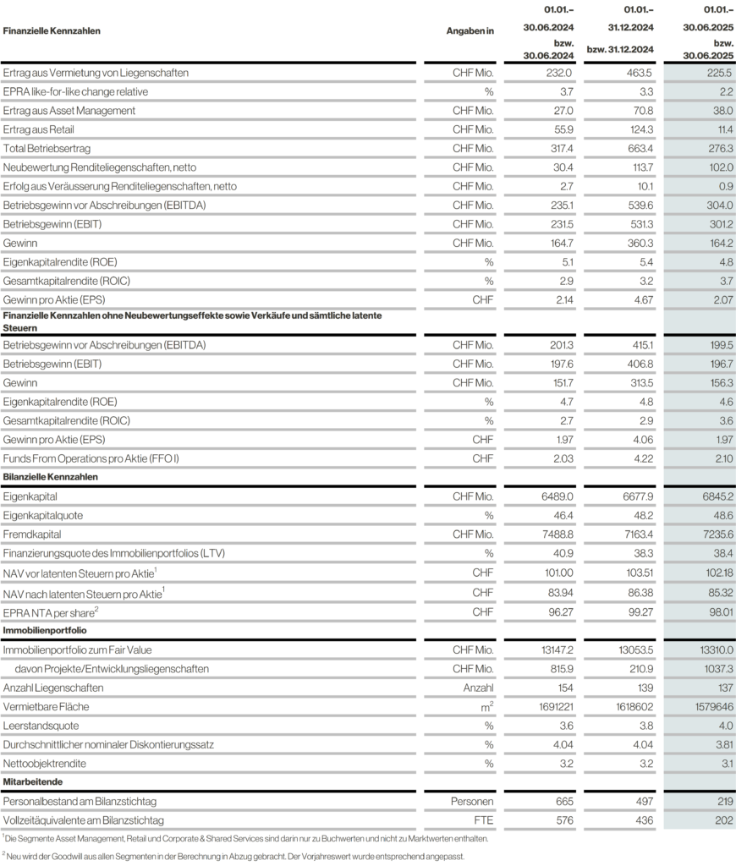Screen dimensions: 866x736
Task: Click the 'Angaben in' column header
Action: coord(470,30)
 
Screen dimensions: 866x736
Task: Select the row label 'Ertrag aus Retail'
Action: coord(39,129)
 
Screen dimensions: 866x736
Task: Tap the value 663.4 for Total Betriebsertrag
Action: coord(640,148)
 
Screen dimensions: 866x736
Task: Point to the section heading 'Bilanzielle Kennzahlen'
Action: coord(51,477)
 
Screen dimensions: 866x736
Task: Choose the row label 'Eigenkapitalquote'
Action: coord(43,515)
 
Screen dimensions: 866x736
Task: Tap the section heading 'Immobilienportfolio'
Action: coord(45,630)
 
